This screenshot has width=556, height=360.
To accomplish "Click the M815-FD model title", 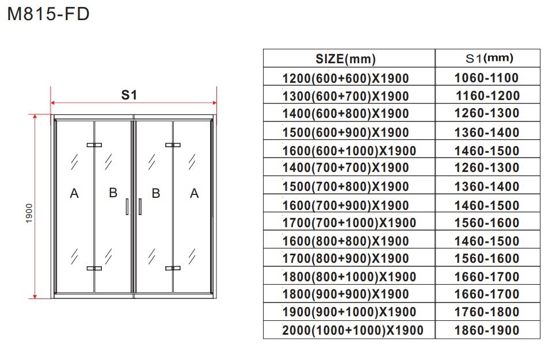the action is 48,14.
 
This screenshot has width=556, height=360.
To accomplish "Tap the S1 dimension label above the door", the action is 129,95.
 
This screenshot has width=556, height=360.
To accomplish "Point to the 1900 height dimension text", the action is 29,213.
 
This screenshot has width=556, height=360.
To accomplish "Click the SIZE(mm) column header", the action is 345,59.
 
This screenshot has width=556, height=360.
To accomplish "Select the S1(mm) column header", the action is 489,58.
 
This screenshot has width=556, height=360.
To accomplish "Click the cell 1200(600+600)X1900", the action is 346,78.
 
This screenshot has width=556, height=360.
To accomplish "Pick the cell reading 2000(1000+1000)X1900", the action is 353,330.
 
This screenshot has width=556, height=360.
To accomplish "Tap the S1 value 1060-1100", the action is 486,78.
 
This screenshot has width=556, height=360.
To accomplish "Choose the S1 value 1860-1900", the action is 487,330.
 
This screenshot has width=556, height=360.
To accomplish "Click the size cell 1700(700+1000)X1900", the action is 349,223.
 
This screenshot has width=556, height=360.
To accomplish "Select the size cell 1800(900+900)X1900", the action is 346,294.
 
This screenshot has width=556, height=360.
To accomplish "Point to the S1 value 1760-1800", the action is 487,312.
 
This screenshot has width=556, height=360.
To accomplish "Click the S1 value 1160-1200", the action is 488,95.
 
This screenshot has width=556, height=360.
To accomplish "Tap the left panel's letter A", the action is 74,193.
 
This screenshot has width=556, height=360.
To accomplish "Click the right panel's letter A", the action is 195,193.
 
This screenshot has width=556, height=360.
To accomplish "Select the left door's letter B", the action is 113,193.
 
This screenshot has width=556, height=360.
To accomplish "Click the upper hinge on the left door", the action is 94,145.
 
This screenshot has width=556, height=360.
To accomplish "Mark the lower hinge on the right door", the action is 173,268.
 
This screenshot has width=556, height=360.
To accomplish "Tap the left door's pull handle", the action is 127,206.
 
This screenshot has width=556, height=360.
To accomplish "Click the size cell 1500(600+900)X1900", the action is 346,132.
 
